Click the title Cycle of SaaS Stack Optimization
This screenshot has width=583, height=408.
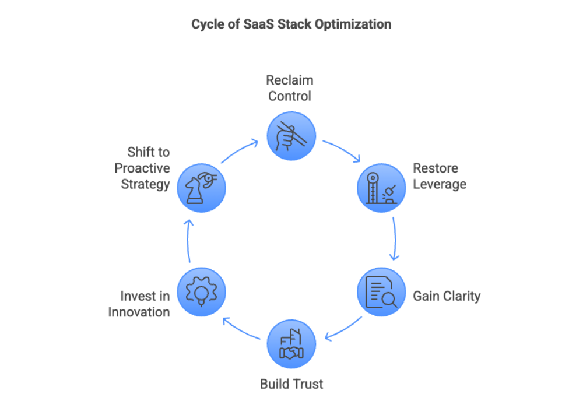291,24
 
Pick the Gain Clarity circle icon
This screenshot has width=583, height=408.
381,292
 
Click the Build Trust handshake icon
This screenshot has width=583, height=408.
291,344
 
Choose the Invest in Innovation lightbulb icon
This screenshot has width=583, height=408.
201,292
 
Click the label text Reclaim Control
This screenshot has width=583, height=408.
290,88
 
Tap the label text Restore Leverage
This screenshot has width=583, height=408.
440,177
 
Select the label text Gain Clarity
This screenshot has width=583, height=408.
447,296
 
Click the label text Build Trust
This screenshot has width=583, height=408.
291,384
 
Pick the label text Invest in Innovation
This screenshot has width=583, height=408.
139,304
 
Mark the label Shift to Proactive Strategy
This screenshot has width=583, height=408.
142,168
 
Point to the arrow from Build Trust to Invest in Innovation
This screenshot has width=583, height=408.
241,330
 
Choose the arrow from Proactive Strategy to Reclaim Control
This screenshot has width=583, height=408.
240,150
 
